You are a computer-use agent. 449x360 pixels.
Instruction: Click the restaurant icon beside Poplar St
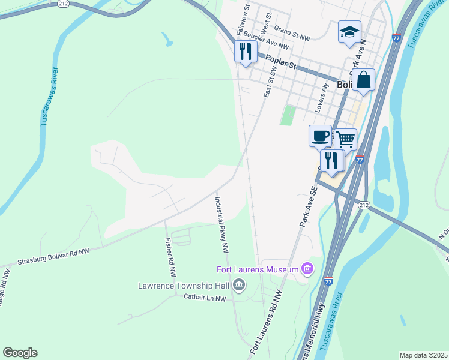[245, 52]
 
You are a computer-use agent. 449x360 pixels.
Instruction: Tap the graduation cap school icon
[349, 32]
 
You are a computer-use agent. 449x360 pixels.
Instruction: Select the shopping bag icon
[363, 80]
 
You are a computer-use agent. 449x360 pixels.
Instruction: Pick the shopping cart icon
[345, 139]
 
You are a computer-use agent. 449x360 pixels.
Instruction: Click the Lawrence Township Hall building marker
[239, 284]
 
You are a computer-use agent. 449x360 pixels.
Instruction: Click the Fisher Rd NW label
[171, 257]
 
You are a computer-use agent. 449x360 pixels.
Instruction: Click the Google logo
[20, 353]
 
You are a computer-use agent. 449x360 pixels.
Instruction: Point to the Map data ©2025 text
[423, 355]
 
